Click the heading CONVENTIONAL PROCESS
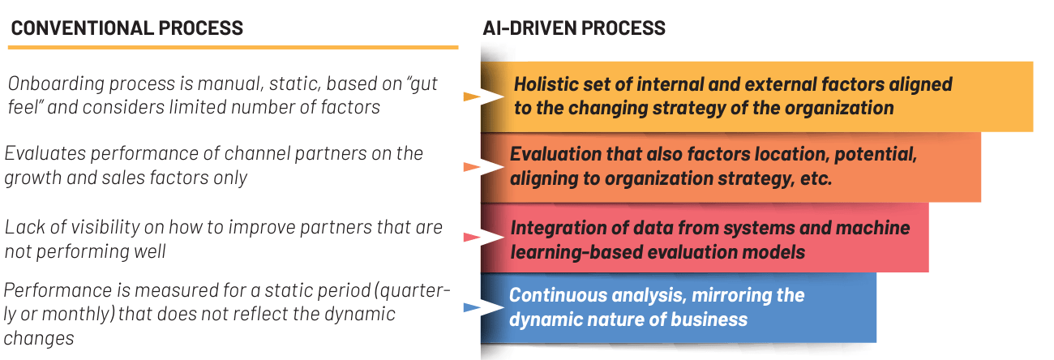click(x=127, y=28)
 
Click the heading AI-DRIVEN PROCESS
click(x=574, y=28)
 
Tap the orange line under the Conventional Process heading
click(x=233, y=48)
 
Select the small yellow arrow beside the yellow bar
click(x=472, y=97)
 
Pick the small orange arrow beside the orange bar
click(x=472, y=167)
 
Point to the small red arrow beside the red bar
click(x=472, y=238)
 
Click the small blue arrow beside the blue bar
click(x=472, y=308)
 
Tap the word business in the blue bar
click(x=709, y=320)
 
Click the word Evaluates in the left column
click(x=45, y=154)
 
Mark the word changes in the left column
click(x=39, y=339)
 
